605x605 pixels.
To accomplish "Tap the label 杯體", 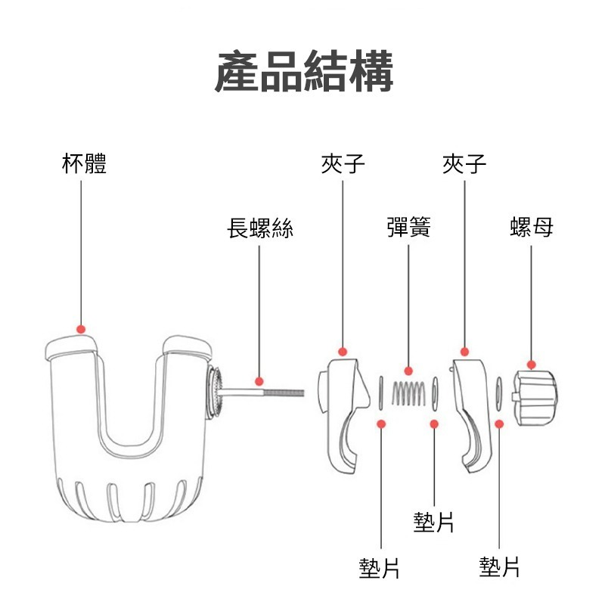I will click(x=83, y=163).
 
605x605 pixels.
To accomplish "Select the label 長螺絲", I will click(x=260, y=228).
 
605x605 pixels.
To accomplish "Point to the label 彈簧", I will click(x=408, y=228).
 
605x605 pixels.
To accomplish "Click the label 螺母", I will click(x=531, y=228).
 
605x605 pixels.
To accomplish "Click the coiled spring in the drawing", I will click(x=408, y=393).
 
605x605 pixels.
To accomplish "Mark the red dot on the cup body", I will click(x=82, y=329).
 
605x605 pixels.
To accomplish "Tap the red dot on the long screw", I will click(x=259, y=381).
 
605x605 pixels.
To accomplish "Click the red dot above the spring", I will click(x=408, y=371).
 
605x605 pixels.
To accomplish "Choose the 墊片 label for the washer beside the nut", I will click(x=499, y=566).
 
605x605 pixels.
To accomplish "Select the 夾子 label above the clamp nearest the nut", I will click(x=464, y=163).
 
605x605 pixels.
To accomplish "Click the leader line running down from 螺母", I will click(x=531, y=302).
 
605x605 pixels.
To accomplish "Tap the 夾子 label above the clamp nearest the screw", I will click(x=343, y=163).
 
